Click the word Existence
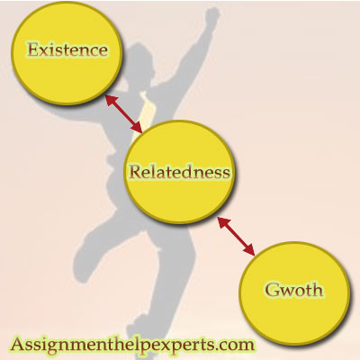(67, 49)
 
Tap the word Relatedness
(179, 172)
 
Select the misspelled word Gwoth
(294, 290)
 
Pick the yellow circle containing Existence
(67, 54)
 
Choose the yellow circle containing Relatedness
(179, 172)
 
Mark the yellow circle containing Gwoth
(294, 293)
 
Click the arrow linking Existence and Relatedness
(123, 113)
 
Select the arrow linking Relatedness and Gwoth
(236, 237)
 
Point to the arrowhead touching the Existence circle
(110, 100)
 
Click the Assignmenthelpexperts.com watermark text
(132, 345)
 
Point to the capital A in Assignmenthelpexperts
(17, 344)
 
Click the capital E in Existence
(33, 49)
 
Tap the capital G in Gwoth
(272, 290)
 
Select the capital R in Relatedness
(136, 172)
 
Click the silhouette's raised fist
(211, 15)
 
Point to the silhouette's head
(140, 60)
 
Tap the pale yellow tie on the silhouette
(147, 111)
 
